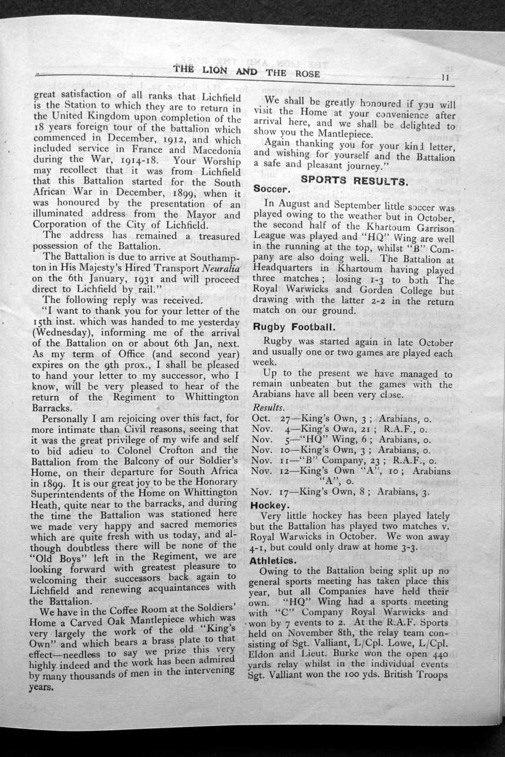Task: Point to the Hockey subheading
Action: (270, 505)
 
